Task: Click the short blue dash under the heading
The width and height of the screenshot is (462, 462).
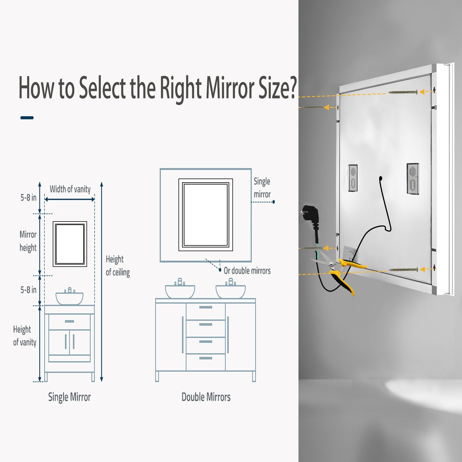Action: point(27,118)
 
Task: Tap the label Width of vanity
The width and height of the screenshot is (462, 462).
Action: point(70,189)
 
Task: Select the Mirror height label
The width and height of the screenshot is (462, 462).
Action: point(28,241)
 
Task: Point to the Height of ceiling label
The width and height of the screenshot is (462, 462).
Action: point(118,266)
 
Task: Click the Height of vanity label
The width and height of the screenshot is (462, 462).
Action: point(24,336)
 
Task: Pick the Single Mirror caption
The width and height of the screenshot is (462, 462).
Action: point(69,397)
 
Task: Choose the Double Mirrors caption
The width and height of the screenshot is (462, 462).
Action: point(206,397)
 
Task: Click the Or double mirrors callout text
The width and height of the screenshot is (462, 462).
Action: point(247,271)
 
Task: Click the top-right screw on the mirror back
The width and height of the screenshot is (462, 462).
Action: point(403,92)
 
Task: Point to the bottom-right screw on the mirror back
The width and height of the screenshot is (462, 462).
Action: point(403,270)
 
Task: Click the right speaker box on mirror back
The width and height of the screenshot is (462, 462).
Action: point(413,179)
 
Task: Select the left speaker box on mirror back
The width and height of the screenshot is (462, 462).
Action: point(353,178)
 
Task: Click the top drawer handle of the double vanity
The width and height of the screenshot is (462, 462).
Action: point(206,307)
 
